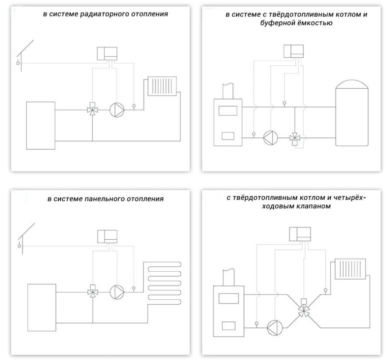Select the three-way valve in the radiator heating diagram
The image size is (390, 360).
pyautogui.click(x=92, y=109)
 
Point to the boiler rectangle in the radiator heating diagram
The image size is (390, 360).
pyautogui.click(x=41, y=125)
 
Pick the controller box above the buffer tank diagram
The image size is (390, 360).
pyautogui.click(x=293, y=50)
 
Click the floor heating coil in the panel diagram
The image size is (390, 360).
pyautogui.click(x=164, y=283)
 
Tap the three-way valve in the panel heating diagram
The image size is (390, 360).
pyautogui.click(x=92, y=291)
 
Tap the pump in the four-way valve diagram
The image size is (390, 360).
pyautogui.click(x=274, y=326)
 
